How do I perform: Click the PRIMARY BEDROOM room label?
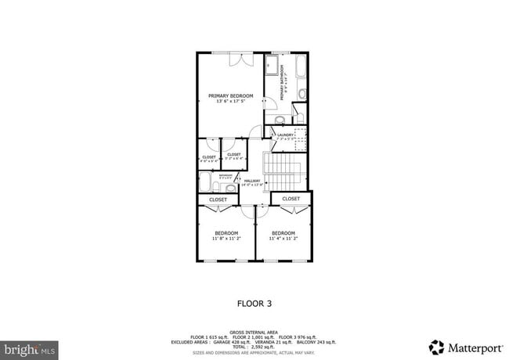(x=231, y=95)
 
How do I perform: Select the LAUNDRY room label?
(x=285, y=135)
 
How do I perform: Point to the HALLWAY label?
(x=251, y=181)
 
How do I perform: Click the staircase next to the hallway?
(x=286, y=168)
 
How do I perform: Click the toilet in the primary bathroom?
(x=280, y=120)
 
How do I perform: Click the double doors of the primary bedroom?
(x=240, y=59)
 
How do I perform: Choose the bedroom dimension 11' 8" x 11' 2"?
(x=227, y=238)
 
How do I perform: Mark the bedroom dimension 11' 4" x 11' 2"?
(x=283, y=238)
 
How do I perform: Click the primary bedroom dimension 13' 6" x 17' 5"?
(x=231, y=101)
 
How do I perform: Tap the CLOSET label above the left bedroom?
(x=218, y=200)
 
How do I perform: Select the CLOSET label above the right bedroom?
(x=291, y=199)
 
